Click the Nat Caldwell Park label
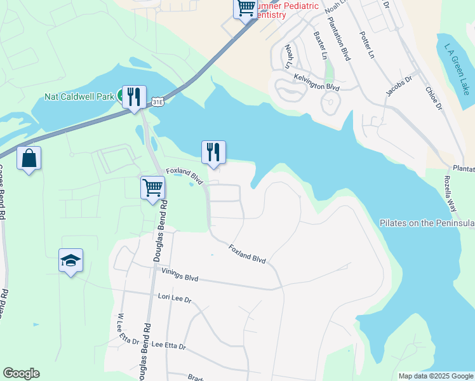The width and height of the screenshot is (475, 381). pos(79,97)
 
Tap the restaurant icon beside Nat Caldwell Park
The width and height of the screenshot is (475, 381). pos(134,97)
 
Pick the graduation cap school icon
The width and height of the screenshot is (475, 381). pos(71,260)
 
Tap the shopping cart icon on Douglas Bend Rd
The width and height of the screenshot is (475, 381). pos(153,188)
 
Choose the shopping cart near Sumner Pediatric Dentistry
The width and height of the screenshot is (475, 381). pos(246,8)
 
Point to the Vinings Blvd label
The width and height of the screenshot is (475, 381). pos(180,276)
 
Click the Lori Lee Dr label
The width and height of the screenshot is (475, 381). pos(175,298)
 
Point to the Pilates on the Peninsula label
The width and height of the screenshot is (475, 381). pos(427,224)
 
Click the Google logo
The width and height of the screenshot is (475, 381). pos(21,373)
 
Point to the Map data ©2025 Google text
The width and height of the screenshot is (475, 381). pos(436,376)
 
